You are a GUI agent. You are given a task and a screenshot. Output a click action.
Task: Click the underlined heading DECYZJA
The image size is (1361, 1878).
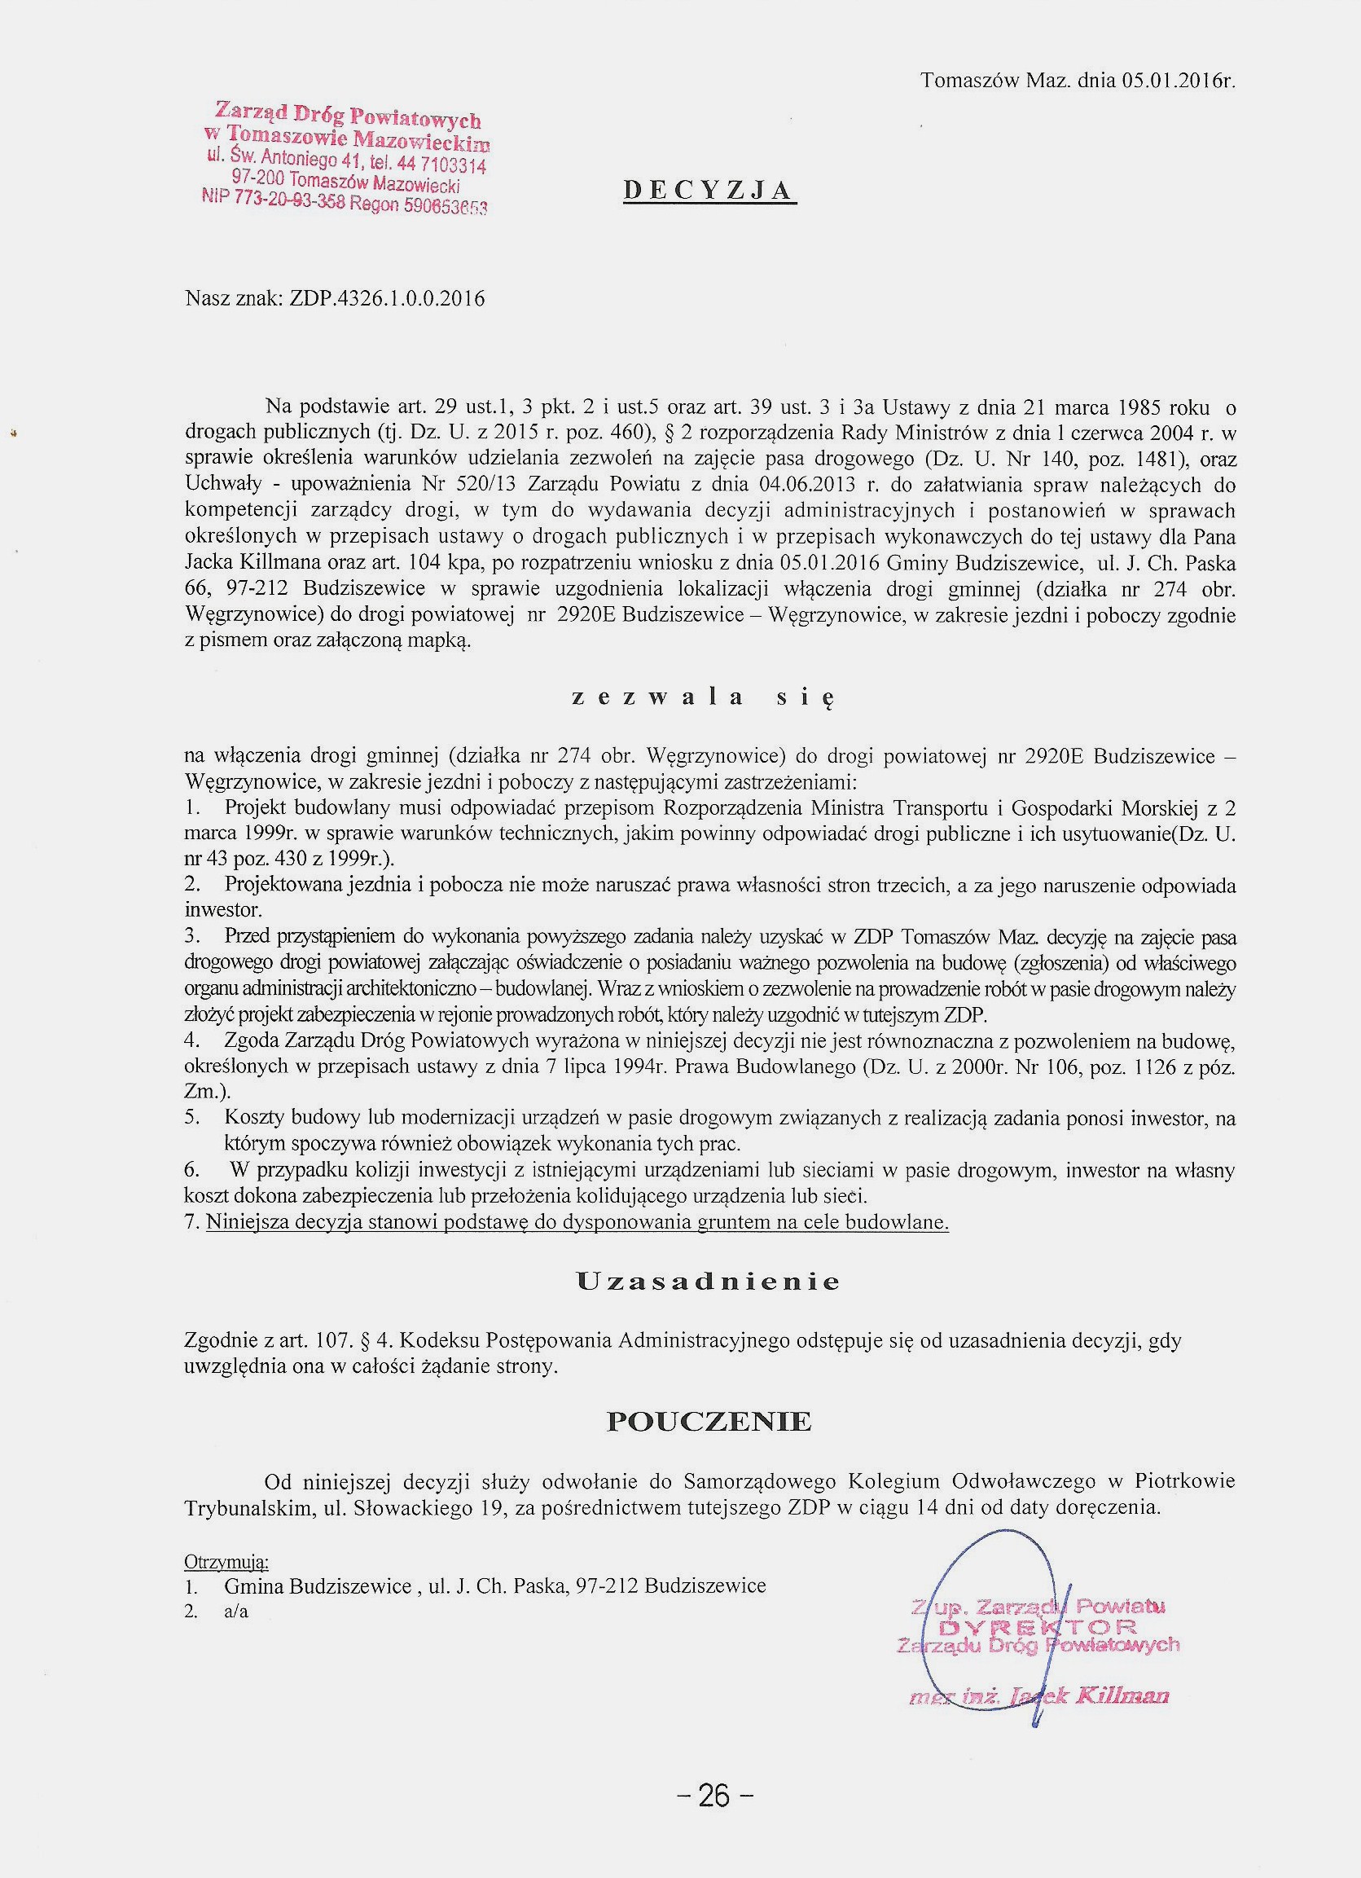point(709,191)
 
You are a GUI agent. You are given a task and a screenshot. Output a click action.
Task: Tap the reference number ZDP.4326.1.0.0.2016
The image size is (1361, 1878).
point(388,298)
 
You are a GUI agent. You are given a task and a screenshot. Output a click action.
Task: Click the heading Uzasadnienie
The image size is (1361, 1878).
point(708,1282)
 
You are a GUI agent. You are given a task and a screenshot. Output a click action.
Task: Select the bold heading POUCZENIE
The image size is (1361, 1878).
point(709,1422)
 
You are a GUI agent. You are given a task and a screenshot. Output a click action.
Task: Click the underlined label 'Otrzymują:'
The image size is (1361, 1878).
point(226,1562)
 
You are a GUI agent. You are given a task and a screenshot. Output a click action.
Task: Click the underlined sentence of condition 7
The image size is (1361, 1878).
point(577,1222)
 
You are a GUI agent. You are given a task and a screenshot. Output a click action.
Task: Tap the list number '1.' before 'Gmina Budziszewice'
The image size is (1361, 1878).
point(191,1586)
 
